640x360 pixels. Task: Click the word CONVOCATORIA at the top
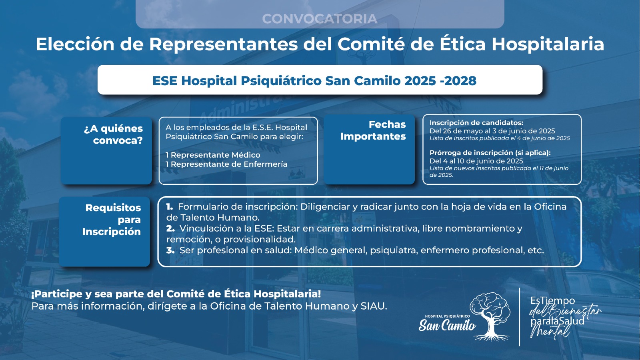click(x=320, y=19)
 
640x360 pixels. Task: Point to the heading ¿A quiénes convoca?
click(x=114, y=134)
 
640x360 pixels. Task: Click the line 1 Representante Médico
click(x=213, y=155)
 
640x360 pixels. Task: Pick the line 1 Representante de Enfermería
click(x=226, y=164)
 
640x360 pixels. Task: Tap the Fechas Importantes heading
click(x=373, y=130)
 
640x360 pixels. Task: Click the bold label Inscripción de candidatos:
click(x=476, y=122)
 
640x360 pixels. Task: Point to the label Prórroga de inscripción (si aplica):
click(x=490, y=152)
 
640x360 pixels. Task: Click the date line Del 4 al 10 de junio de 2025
click(x=476, y=161)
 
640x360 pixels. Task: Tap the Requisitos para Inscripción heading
click(x=112, y=220)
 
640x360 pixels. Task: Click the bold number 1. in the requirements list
click(x=170, y=206)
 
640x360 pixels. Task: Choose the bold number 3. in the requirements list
click(x=170, y=250)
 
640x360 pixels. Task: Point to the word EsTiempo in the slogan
click(x=552, y=300)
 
